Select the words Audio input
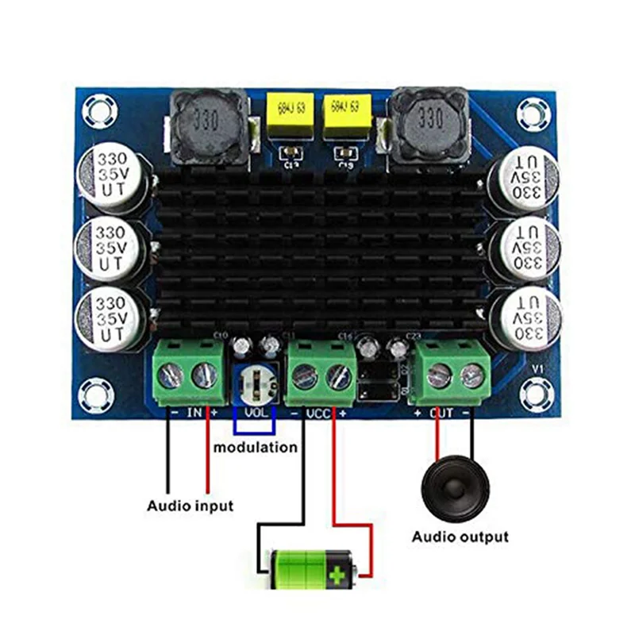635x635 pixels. [x=190, y=505]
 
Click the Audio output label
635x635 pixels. [x=460, y=537]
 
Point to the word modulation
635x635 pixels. [x=256, y=447]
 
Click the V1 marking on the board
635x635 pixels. [x=537, y=369]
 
